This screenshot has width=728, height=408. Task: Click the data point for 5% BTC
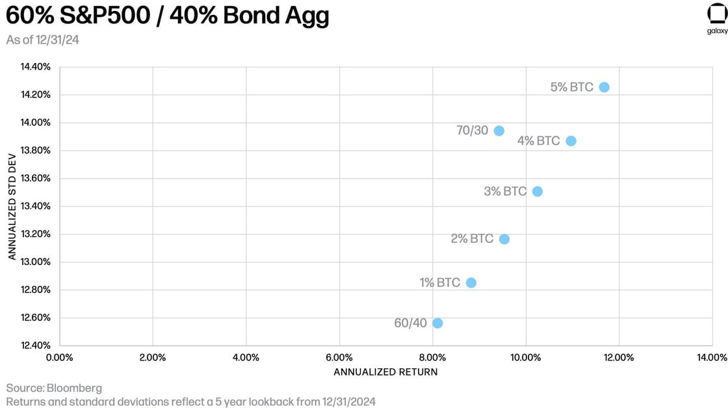[x=604, y=87]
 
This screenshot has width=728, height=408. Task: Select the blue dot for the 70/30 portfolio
[x=499, y=131]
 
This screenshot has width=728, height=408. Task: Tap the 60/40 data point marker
[x=437, y=323]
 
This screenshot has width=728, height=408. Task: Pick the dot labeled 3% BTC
[x=537, y=191]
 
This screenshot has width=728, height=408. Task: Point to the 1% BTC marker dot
[x=471, y=283]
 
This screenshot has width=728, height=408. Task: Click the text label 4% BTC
[x=538, y=141]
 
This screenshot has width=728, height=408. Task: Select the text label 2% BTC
[x=472, y=239]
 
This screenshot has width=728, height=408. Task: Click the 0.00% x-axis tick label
[x=59, y=357]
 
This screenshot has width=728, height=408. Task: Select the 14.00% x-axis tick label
[x=712, y=357]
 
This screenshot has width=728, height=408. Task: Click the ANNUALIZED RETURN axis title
[x=385, y=372]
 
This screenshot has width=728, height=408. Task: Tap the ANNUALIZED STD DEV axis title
[x=12, y=207]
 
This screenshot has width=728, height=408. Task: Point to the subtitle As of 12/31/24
[x=43, y=40]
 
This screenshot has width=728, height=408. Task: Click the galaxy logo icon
[x=717, y=14]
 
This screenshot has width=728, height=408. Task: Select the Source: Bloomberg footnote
[x=54, y=389]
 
